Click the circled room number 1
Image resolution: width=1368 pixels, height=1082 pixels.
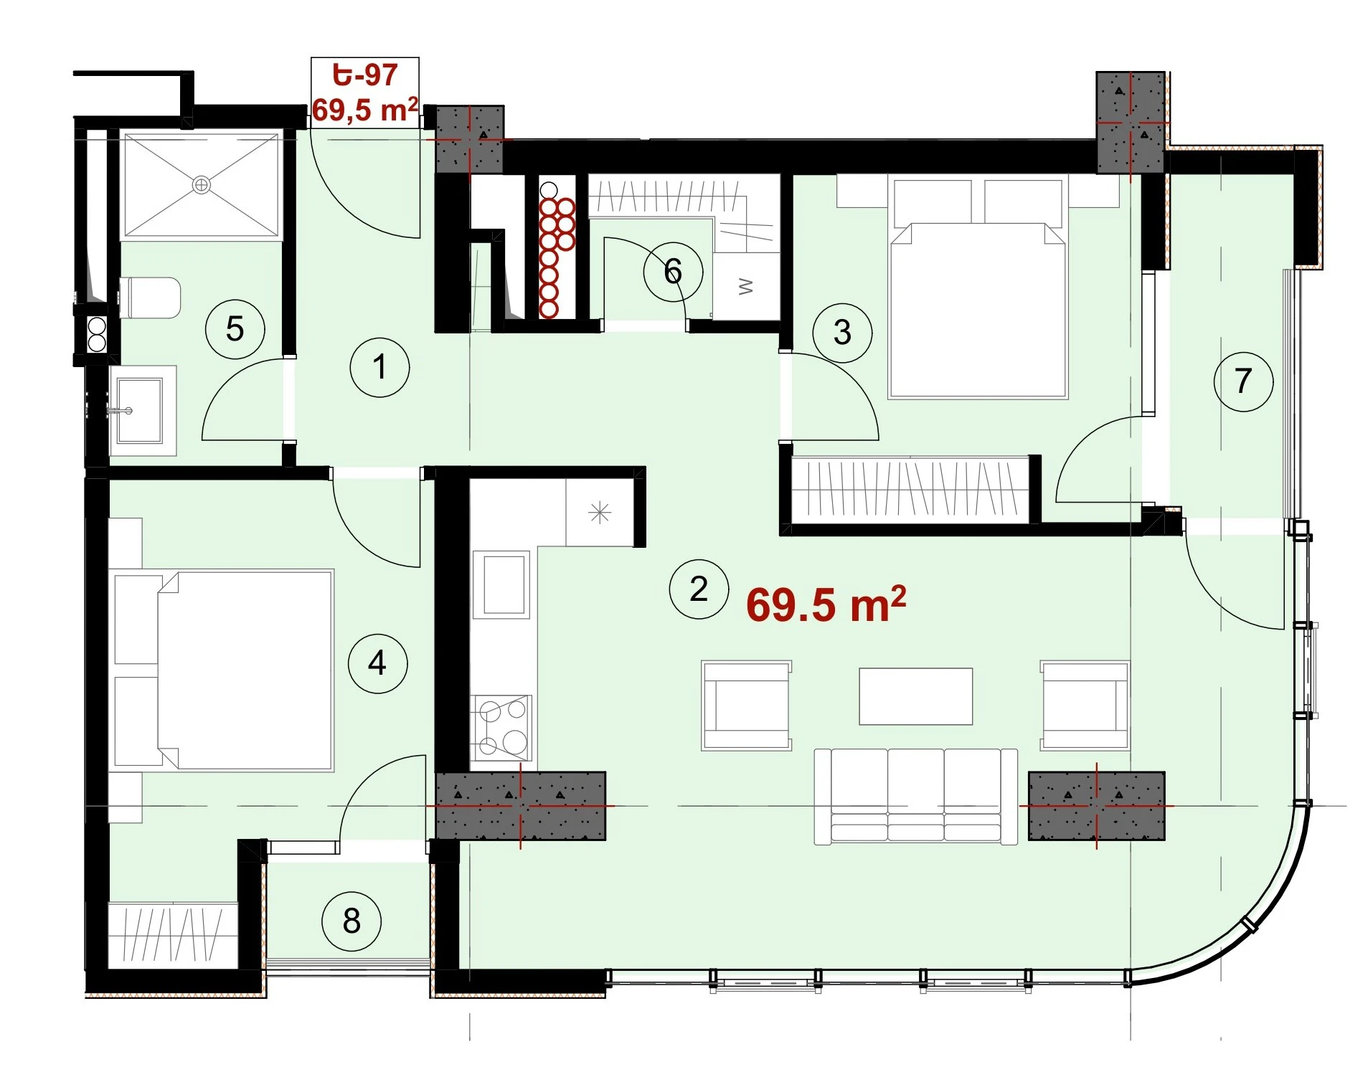379,367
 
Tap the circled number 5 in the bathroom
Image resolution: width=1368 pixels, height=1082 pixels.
235,329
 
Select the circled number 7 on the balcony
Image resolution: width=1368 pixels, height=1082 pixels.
1243,381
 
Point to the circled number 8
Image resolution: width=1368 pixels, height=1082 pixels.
352,921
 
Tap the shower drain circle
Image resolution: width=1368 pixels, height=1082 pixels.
202,185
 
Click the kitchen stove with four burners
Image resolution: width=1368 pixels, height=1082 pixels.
501,729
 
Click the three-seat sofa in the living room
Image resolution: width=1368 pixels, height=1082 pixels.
915,796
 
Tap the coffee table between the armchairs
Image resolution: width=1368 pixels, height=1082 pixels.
916,696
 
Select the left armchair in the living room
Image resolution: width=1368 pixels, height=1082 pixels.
746,706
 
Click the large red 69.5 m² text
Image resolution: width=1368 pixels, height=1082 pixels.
826,604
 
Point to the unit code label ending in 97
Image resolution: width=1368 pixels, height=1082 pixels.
365,75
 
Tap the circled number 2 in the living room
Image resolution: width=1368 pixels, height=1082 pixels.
699,589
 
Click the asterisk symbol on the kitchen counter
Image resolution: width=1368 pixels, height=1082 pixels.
600,513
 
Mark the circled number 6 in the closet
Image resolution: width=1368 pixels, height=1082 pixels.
673,271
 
